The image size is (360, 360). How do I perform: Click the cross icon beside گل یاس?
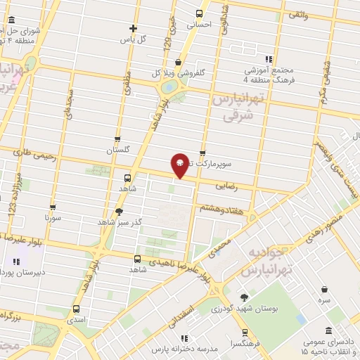133,29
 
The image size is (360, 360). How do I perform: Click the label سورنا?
53,219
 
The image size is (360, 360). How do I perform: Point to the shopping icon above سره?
324,288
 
